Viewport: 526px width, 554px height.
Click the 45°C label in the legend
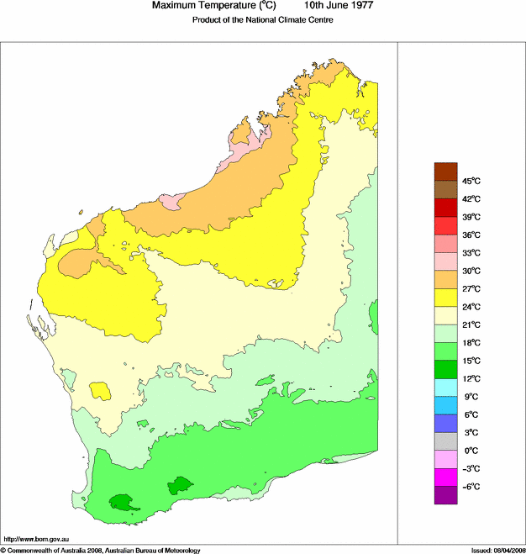pos(471,181)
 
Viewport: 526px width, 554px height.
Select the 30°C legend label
pos(471,271)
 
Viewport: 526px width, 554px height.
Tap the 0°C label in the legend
pos(471,451)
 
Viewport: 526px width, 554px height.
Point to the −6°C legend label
pos(471,487)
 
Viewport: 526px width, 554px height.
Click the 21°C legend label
pos(471,324)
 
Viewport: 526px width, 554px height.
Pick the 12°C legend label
pos(471,378)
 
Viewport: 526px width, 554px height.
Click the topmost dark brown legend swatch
pos(445,171)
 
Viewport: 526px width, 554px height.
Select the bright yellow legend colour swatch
pos(445,298)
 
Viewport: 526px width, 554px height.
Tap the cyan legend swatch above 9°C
pos(445,388)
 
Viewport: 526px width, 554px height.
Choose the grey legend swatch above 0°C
pos(445,441)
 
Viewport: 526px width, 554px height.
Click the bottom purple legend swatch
pos(445,495)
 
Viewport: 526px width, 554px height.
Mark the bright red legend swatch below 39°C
pos(445,225)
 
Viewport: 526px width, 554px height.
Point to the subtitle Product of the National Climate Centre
pos(263,20)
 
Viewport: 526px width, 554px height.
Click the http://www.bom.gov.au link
pos(36,539)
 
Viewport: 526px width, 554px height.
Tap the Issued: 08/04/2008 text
pos(497,550)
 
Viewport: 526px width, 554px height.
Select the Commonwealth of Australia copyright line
pos(101,550)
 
